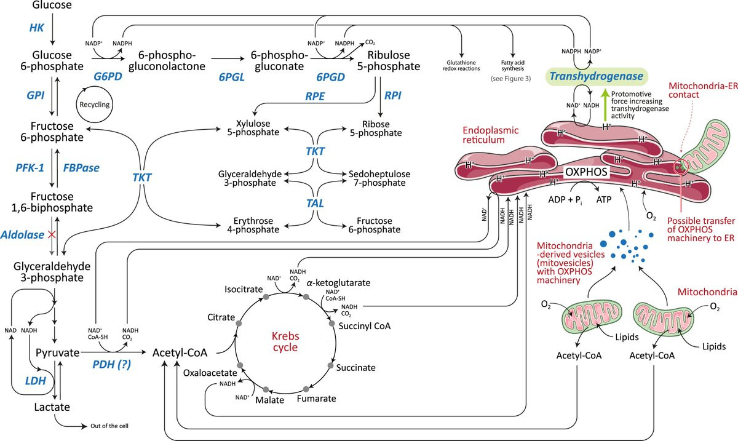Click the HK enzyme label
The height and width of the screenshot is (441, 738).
pyautogui.click(x=38, y=28)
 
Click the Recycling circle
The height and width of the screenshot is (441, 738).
pyautogui.click(x=94, y=105)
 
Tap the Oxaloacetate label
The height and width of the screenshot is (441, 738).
pyautogui.click(x=210, y=371)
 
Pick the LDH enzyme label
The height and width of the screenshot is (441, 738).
pyautogui.click(x=36, y=381)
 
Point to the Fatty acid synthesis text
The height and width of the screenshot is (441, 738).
pyautogui.click(x=512, y=66)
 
